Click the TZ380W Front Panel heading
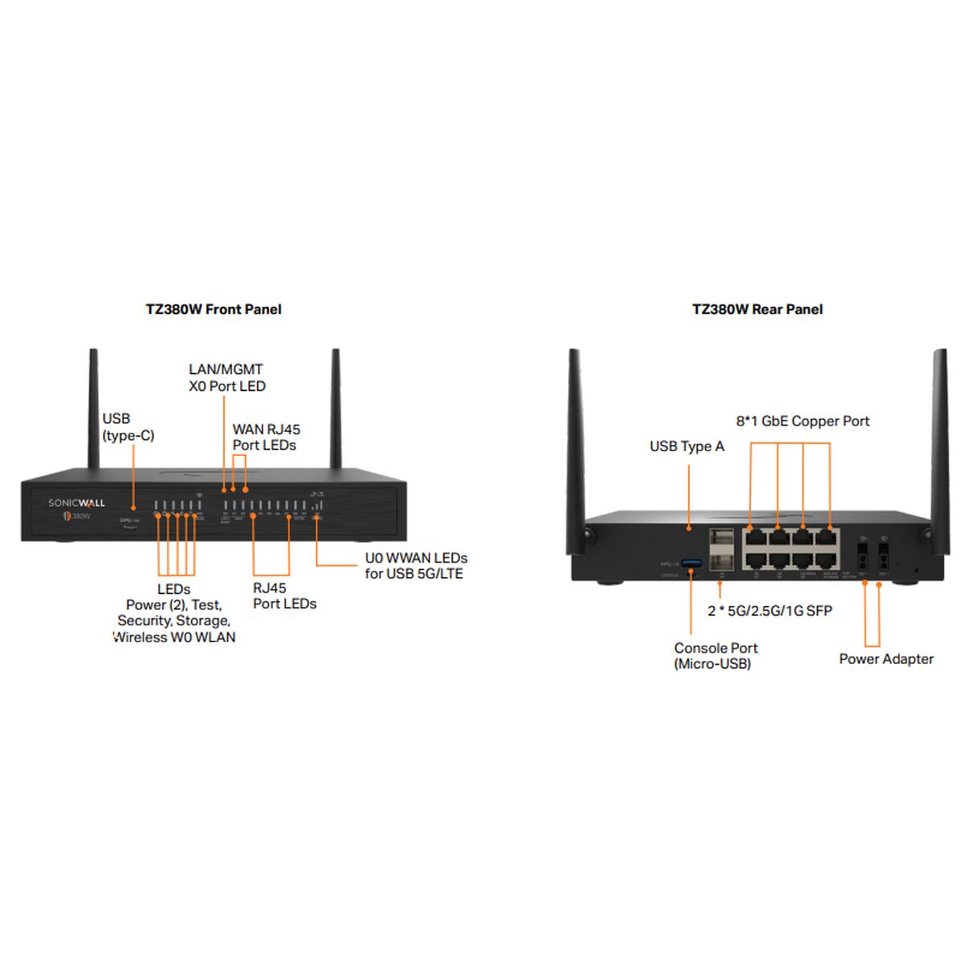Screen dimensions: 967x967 click(x=214, y=309)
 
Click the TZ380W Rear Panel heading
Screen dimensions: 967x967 click(x=757, y=309)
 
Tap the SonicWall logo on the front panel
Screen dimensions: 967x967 click(x=77, y=503)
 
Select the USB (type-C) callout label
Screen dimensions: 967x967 click(x=127, y=427)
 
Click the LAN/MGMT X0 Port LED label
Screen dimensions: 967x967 click(x=226, y=378)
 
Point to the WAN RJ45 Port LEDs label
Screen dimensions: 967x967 click(x=266, y=438)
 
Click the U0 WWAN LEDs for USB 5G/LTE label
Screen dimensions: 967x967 click(x=415, y=566)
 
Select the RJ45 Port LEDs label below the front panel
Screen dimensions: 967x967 click(x=284, y=596)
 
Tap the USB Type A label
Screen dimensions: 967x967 click(x=687, y=446)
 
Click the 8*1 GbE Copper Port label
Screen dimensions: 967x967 click(x=803, y=421)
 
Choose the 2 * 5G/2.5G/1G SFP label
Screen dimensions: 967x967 click(x=770, y=611)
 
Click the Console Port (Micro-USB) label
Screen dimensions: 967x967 click(x=716, y=656)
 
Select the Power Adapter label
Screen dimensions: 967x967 click(x=886, y=659)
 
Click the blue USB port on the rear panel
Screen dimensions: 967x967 click(x=691, y=562)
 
